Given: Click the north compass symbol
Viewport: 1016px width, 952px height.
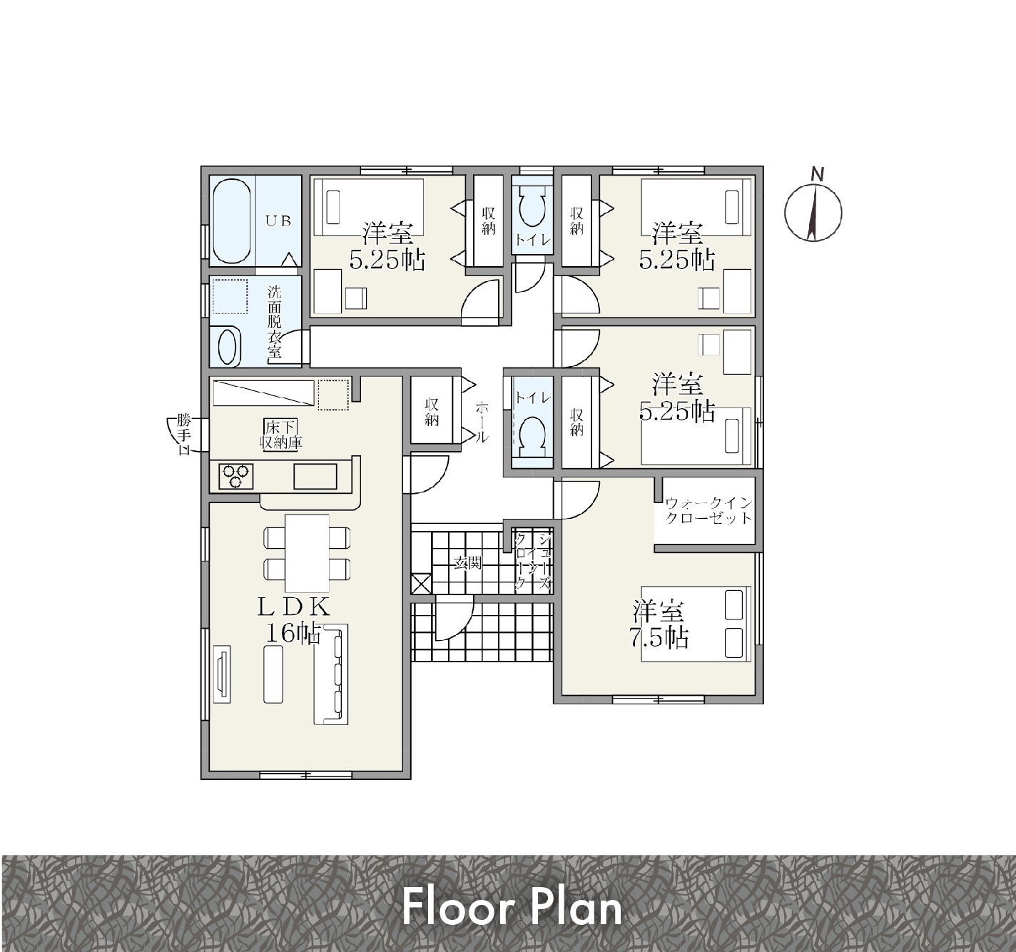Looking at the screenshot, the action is click(x=813, y=210).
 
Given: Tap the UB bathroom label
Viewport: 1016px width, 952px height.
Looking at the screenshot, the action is click(x=278, y=221).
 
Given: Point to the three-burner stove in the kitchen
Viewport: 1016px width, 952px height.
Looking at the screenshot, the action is click(x=236, y=475).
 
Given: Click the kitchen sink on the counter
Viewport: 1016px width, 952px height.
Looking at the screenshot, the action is click(x=315, y=476).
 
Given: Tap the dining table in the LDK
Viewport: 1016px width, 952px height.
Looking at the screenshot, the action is click(x=307, y=553).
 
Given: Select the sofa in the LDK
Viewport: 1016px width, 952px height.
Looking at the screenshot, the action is click(x=331, y=674).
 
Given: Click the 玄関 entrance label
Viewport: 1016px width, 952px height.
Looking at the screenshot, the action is click(x=468, y=564).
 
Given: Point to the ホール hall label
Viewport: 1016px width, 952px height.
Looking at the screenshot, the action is click(x=482, y=422).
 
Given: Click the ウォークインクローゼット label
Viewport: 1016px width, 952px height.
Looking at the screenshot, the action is click(x=708, y=510).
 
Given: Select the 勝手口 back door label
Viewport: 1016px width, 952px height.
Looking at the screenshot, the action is click(x=183, y=435).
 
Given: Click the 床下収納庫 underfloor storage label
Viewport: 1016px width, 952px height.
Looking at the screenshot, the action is click(x=281, y=435).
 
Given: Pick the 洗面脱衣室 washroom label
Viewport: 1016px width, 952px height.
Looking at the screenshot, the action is click(x=274, y=322).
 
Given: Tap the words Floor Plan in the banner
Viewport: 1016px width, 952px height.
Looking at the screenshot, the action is click(x=512, y=908).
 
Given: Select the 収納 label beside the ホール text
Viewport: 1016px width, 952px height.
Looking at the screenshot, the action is click(x=432, y=412).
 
